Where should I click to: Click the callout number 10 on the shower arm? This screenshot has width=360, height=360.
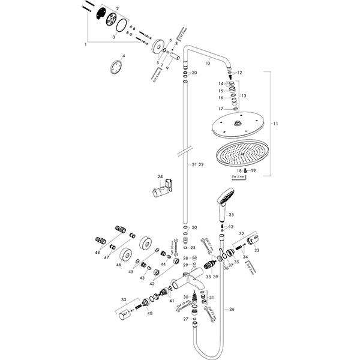[x=208, y=62]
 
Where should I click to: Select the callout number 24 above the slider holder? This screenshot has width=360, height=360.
[x=160, y=177]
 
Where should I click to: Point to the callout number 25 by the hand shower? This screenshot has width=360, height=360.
[x=232, y=214]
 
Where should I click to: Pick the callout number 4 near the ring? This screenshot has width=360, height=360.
[x=123, y=56]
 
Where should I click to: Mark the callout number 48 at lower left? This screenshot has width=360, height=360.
[x=97, y=252]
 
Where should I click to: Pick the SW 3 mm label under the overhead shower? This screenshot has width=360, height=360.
[x=239, y=178]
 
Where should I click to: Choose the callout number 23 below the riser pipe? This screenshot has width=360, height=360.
[x=193, y=248]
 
